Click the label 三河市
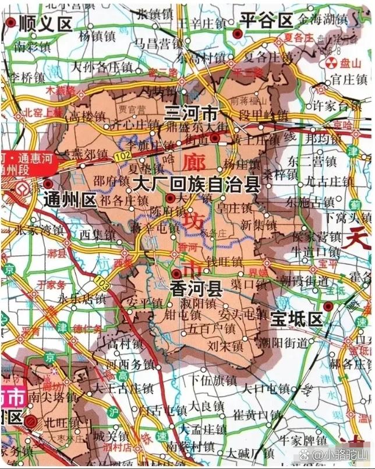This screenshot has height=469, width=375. coord(191,112)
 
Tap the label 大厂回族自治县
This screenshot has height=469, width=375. coord(196,186)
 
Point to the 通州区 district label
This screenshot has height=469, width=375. coord(70,201)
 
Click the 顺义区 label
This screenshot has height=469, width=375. coord(45,24)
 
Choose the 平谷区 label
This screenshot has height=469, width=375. coord(267,21)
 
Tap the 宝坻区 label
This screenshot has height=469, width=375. coord(296,319)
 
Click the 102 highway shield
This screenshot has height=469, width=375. coord(122,156)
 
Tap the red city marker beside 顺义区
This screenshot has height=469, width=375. coord(11,23)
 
